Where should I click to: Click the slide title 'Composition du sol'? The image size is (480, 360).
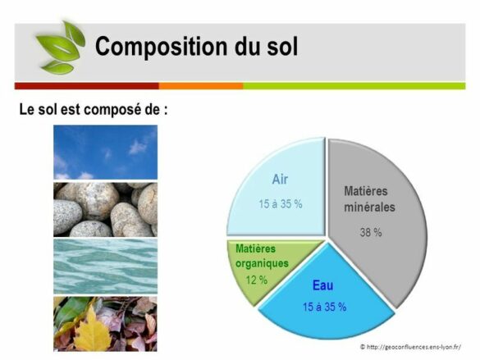pyautogui.click(x=196, y=46)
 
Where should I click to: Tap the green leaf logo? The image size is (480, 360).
pyautogui.click(x=59, y=46)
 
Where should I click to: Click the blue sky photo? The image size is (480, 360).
pyautogui.click(x=105, y=152)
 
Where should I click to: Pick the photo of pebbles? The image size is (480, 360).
pyautogui.click(x=105, y=209)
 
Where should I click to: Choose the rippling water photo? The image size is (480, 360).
pyautogui.click(x=105, y=266)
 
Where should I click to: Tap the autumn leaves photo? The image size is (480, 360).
pyautogui.click(x=105, y=323)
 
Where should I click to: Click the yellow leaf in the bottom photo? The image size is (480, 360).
pyautogui.click(x=92, y=332)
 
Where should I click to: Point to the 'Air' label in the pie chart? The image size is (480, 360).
pyautogui.click(x=281, y=179)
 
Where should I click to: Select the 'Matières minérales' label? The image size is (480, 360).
pyautogui.click(x=369, y=198)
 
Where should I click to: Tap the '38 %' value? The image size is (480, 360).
pyautogui.click(x=371, y=232)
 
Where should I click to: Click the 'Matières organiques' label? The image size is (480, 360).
pyautogui.click(x=262, y=256)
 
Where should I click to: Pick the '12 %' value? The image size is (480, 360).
pyautogui.click(x=256, y=280)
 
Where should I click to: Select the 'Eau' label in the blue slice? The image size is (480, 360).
pyautogui.click(x=322, y=286)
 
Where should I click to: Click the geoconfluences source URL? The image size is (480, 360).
pyautogui.click(x=410, y=347)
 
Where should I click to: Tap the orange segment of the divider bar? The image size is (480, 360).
pyautogui.click(x=200, y=85)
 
